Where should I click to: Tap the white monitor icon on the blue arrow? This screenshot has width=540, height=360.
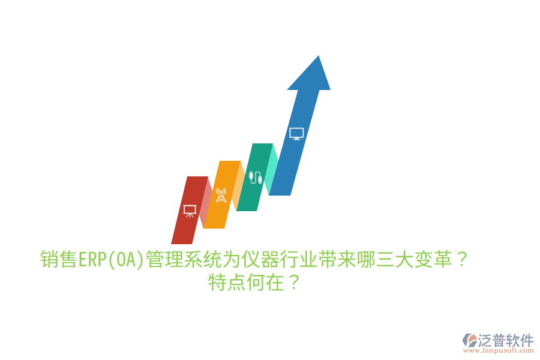click(x=296, y=133)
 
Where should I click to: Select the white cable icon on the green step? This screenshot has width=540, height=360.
click(x=256, y=178)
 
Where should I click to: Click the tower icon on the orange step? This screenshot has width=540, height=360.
click(x=221, y=195)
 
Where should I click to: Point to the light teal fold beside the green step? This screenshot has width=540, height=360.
click(x=273, y=169)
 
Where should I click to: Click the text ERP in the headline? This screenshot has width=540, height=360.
click(x=91, y=260)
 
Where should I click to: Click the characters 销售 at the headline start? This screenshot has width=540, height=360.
click(x=58, y=260)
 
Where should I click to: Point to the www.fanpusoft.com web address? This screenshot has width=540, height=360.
click(x=497, y=350)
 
